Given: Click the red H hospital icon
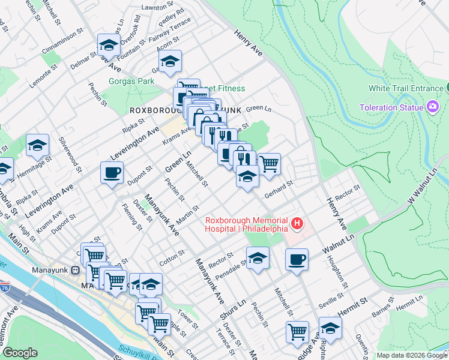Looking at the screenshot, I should coord(297,224).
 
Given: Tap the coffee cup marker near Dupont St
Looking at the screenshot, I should coord(112,173).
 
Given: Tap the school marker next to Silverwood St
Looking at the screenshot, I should coord(38,145).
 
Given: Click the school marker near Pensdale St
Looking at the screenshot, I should coord(258,258).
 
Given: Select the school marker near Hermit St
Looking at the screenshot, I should coord(330,328).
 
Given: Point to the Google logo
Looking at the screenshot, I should coord(20,353).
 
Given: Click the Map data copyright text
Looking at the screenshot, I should coord(412,355).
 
